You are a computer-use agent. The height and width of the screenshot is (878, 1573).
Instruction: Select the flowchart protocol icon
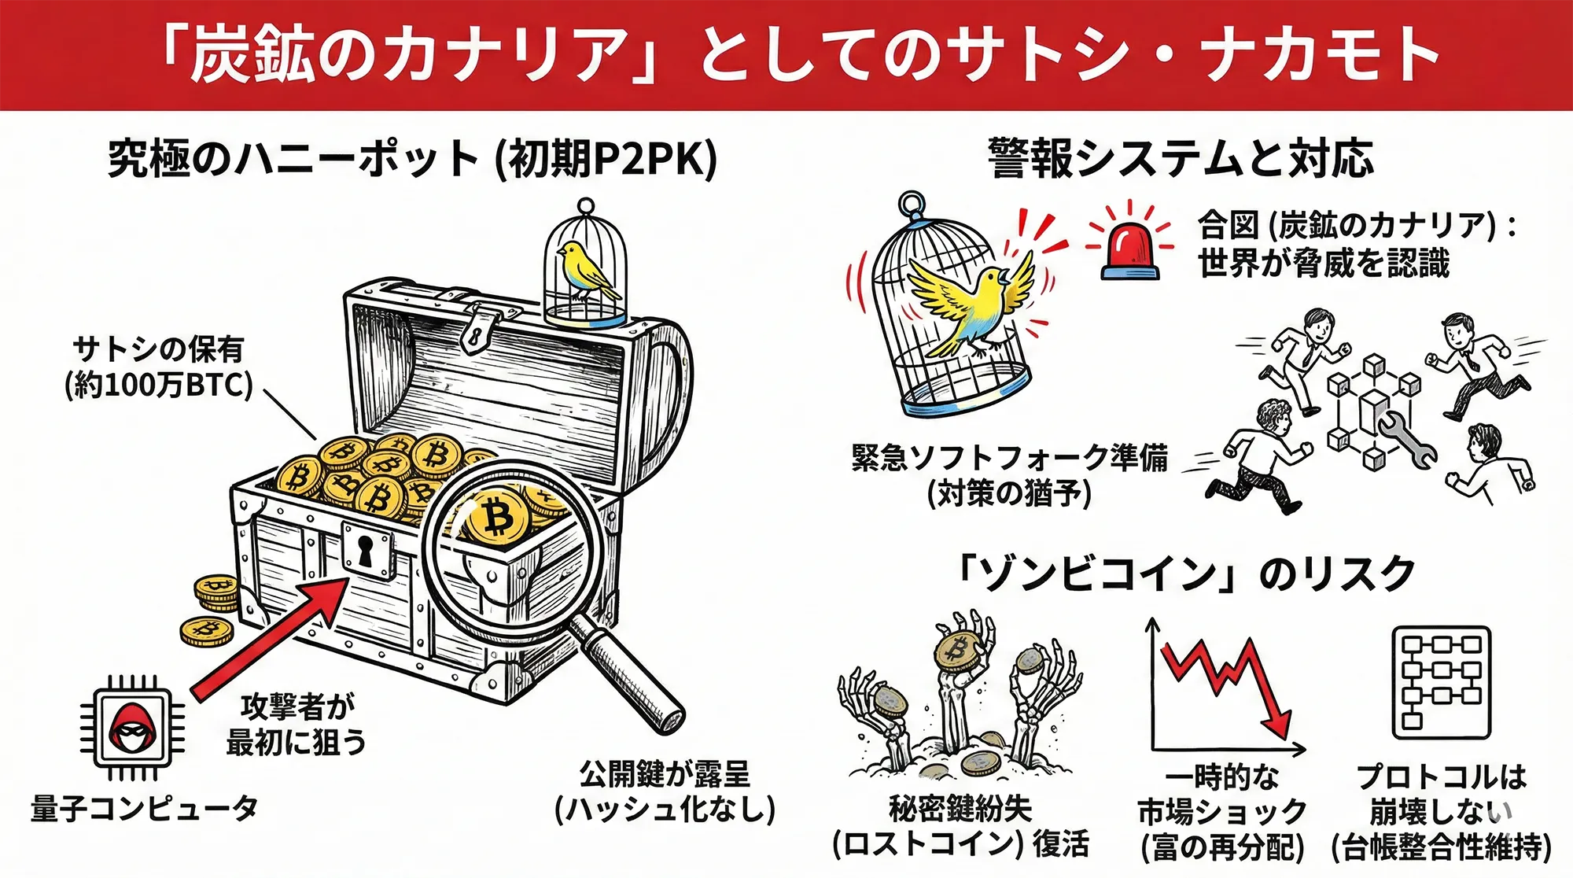(1441, 682)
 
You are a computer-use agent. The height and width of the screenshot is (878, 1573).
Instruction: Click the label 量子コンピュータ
(144, 809)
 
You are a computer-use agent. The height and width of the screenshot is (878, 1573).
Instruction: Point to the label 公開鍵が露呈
(665, 774)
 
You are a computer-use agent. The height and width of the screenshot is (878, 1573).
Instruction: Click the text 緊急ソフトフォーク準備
(1009, 458)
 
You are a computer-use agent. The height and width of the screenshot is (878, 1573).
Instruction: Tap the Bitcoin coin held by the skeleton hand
(958, 650)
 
